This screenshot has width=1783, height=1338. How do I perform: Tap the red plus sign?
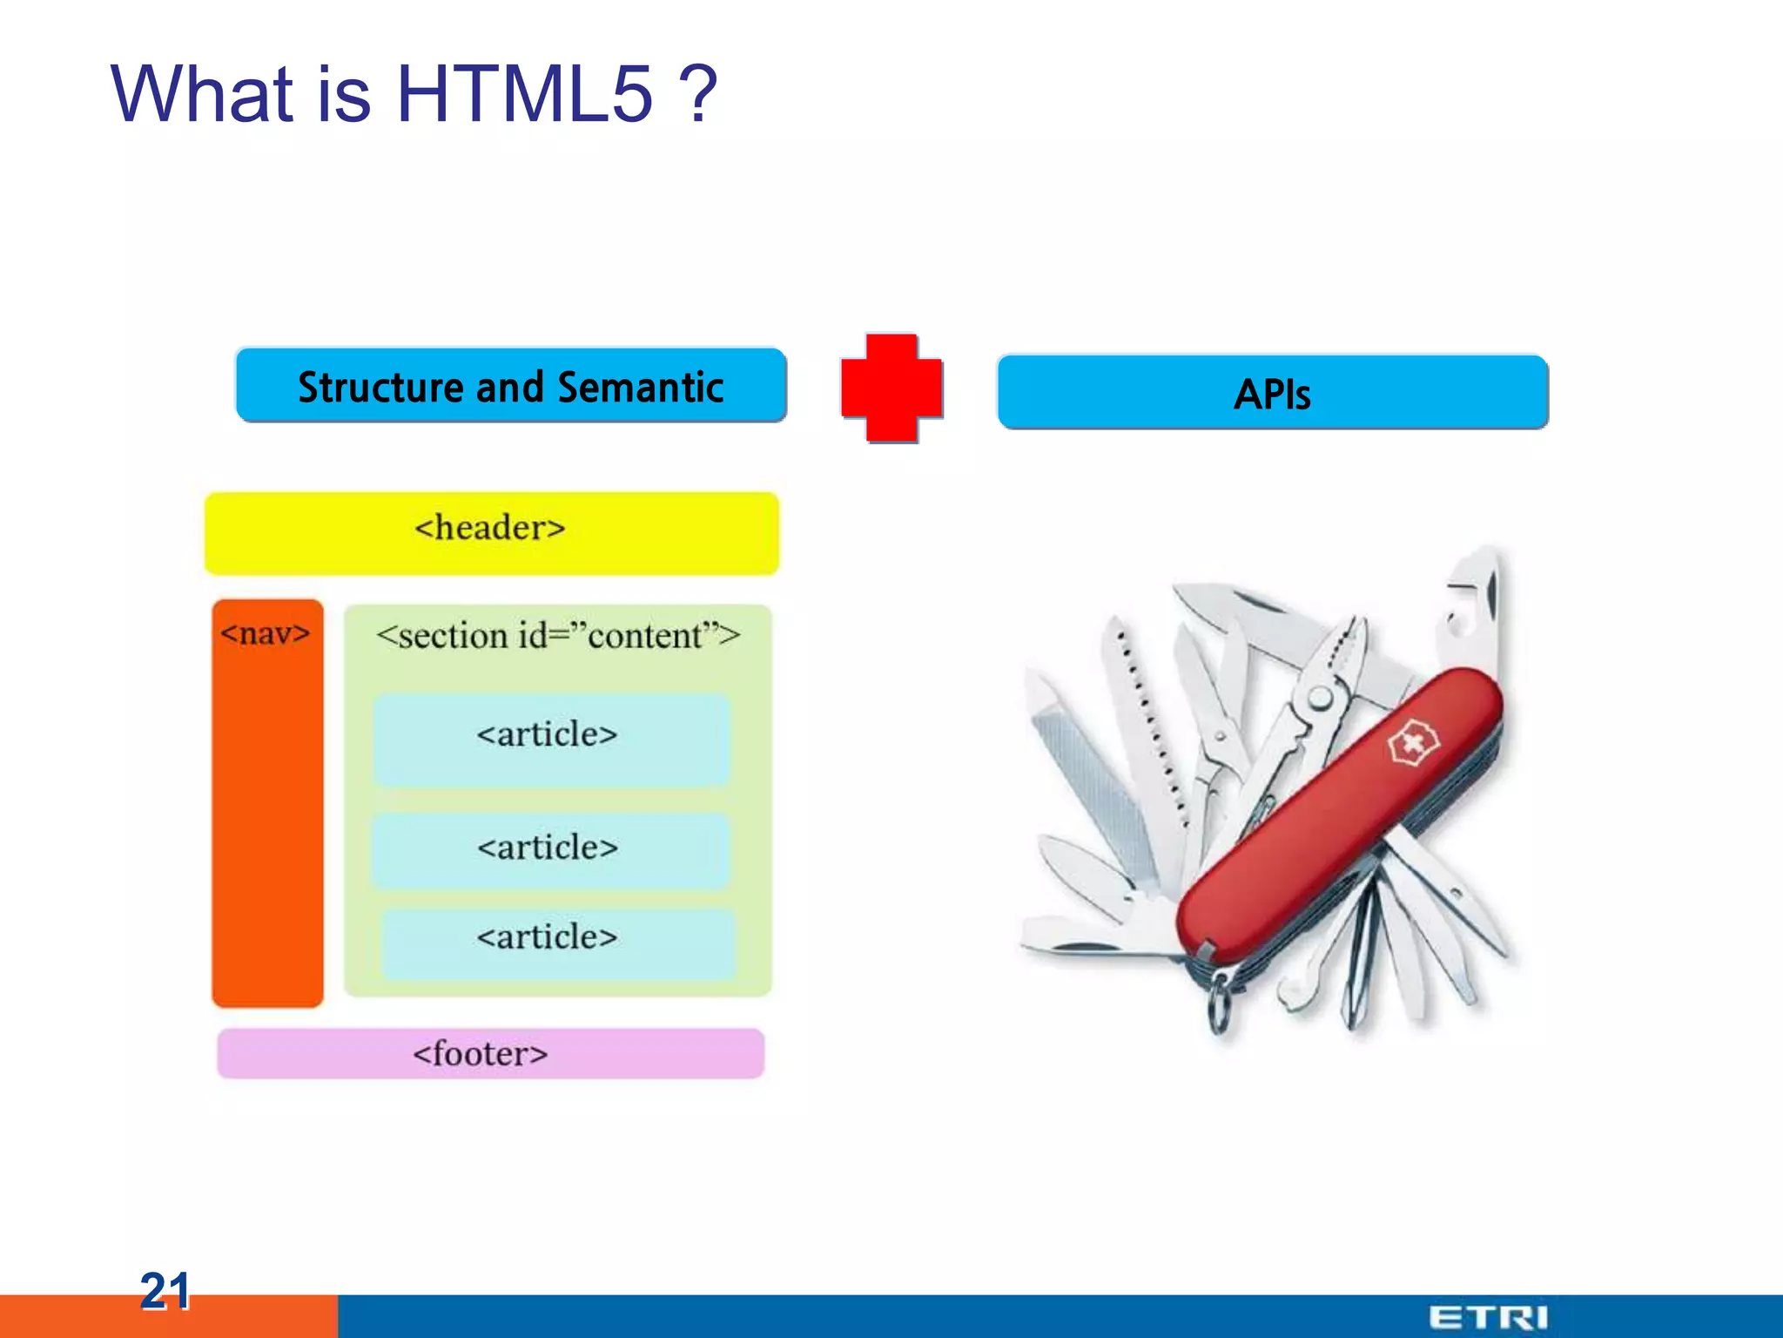(x=891, y=388)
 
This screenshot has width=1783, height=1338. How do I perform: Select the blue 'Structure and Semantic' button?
(x=511, y=386)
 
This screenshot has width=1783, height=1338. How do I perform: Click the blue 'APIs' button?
(x=1272, y=393)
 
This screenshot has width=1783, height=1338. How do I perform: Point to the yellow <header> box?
(x=491, y=532)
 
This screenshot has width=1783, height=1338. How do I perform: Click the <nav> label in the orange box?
(x=266, y=633)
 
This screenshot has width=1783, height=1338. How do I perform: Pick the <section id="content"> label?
(x=557, y=636)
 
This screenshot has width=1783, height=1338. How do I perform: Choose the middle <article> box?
(x=549, y=849)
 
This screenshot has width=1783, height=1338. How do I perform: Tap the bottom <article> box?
(x=557, y=941)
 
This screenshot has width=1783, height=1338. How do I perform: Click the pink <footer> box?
(x=490, y=1054)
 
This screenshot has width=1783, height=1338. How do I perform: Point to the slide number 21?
(x=165, y=1291)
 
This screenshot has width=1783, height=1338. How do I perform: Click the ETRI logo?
(x=1488, y=1317)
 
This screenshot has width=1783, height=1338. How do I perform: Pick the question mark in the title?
(x=698, y=94)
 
